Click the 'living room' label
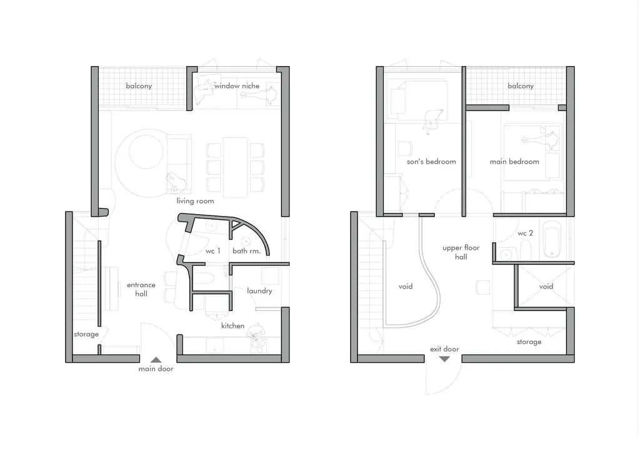click(x=195, y=201)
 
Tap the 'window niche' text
click(x=237, y=86)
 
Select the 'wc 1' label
click(x=212, y=251)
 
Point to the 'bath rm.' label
click(x=246, y=251)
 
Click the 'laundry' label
click(x=259, y=291)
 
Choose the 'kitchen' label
click(x=232, y=326)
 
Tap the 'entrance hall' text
click(x=141, y=290)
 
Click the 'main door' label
click(x=156, y=369)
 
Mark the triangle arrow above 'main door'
click(x=156, y=360)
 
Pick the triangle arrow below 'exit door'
click(x=444, y=359)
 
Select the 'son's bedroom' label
click(x=431, y=162)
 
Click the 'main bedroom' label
click(x=514, y=162)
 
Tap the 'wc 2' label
click(x=525, y=233)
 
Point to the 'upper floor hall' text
click(x=461, y=252)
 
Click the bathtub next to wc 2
click(x=552, y=239)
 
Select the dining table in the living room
click(x=235, y=167)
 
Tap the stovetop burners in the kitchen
click(x=258, y=346)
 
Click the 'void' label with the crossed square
click(x=546, y=287)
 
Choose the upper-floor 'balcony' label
click(x=521, y=86)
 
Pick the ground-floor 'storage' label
click(x=86, y=335)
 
